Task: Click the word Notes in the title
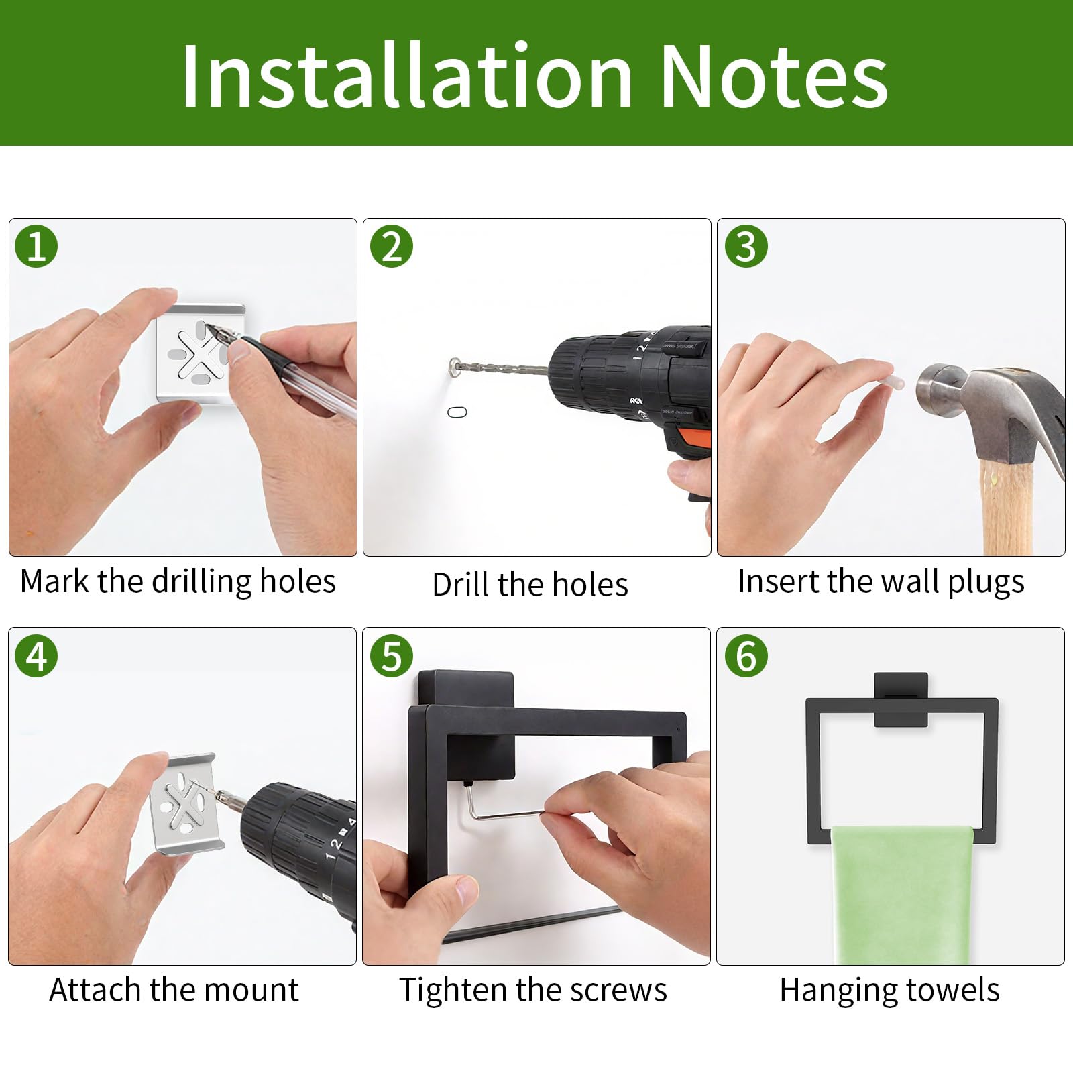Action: click(775, 75)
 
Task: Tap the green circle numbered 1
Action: click(37, 246)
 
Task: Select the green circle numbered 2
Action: click(392, 246)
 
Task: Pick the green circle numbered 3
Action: click(746, 246)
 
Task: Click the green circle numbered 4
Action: click(37, 655)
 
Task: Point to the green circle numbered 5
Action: click(392, 655)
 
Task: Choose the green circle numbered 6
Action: click(746, 655)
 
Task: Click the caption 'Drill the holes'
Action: click(530, 584)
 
